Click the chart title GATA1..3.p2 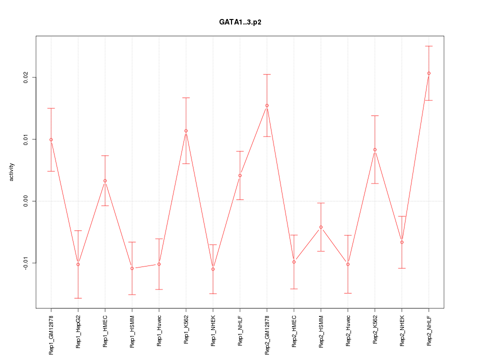pyautogui.click(x=239, y=22)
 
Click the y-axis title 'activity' pyautogui.click(x=12, y=172)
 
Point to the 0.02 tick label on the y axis pyautogui.click(x=25, y=77)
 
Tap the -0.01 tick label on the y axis pyautogui.click(x=25, y=263)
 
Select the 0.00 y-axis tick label pyautogui.click(x=25, y=201)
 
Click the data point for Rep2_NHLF pyautogui.click(x=428, y=73)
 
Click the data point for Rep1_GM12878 pyautogui.click(x=51, y=139)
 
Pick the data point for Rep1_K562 pyautogui.click(x=186, y=131)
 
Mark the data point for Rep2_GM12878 pyautogui.click(x=267, y=105)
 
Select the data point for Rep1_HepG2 pyautogui.click(x=78, y=264)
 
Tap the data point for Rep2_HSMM pyautogui.click(x=321, y=227)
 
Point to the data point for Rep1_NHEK pyautogui.click(x=213, y=269)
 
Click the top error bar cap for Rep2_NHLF pyautogui.click(x=428, y=46)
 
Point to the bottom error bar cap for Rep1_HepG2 pyautogui.click(x=78, y=298)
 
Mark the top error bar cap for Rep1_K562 pyautogui.click(x=186, y=97)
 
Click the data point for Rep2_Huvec pyautogui.click(x=348, y=264)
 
